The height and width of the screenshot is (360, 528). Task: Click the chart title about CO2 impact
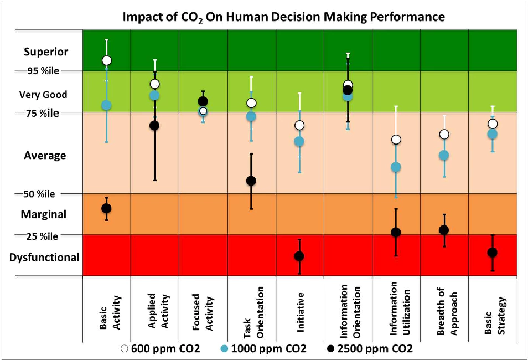pos(283,17)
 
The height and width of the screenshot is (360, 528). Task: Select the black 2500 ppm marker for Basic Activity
pos(106,208)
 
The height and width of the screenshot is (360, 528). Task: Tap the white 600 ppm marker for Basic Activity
pos(106,60)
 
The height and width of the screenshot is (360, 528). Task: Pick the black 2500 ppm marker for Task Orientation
pos(251,181)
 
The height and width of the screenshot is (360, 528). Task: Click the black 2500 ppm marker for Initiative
pos(299,256)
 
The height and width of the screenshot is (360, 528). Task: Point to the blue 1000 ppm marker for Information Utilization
pos(396,167)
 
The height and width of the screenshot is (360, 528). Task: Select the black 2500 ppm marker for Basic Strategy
pos(492,253)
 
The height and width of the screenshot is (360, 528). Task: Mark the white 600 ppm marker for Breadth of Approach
pos(444,134)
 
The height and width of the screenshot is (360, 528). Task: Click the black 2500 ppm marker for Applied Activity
pos(154,125)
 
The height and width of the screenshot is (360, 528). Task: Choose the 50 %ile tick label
pos(39,194)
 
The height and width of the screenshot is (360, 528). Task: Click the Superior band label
pos(46,52)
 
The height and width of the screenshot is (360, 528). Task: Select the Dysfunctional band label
pos(44,257)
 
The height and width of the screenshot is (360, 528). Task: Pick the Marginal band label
pos(44,214)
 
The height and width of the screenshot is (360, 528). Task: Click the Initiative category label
pos(299,311)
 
